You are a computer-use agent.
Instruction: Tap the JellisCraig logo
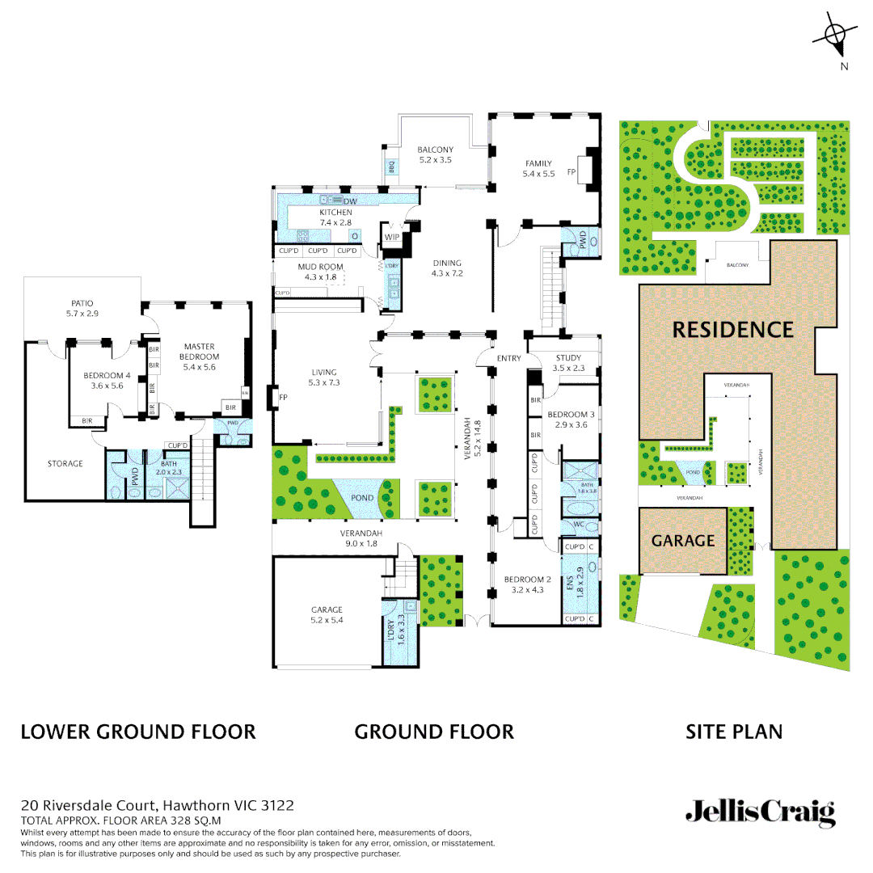pos(760,812)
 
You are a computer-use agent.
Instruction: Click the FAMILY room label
pos(539,164)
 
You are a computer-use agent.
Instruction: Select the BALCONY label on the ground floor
pos(435,150)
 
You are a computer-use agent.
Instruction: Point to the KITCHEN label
pos(335,213)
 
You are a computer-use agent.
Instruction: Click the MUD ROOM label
pos(320,266)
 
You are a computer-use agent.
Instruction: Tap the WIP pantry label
pos(392,237)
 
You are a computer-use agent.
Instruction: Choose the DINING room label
pos(446,263)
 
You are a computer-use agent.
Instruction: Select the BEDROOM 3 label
pos(571,415)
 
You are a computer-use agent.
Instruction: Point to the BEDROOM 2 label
pos(527,580)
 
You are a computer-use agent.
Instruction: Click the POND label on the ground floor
pos(362,498)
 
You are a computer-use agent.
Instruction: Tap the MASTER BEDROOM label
pos(199,352)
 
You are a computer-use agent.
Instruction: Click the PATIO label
pos(82,304)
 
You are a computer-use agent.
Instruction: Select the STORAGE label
pos(65,463)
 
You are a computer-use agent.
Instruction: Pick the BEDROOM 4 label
pos(107,375)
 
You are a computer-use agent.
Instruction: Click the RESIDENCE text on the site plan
pos(733,330)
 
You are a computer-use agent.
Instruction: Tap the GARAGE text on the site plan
pos(683,541)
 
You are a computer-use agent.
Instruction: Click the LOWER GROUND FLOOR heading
pos(138,732)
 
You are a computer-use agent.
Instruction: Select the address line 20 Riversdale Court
pos(157,805)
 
